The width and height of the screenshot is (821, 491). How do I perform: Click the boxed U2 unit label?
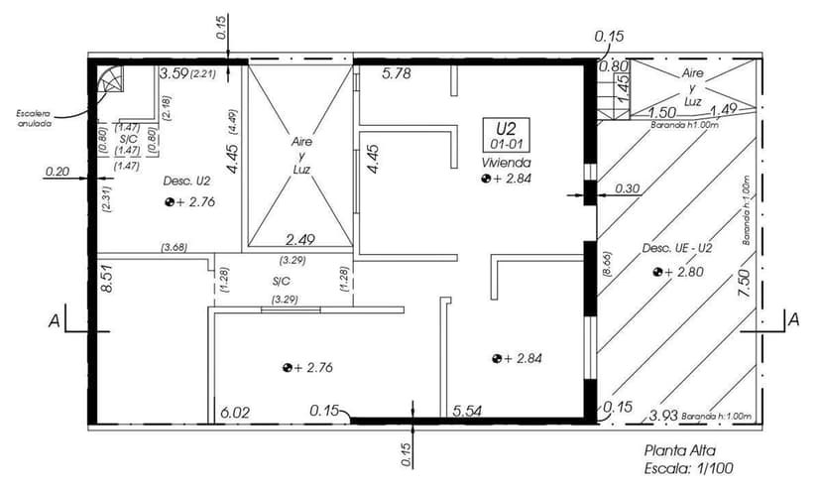tap(506, 128)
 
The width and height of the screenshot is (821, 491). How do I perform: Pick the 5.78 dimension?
tap(397, 73)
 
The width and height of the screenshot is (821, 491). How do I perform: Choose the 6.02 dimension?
tap(236, 411)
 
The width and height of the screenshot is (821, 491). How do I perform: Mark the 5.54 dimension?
tap(468, 411)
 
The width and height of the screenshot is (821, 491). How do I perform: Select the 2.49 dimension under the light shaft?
tap(300, 239)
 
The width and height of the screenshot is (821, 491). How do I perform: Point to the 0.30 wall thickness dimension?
tap(627, 187)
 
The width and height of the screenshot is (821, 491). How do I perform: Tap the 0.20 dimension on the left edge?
tap(58, 173)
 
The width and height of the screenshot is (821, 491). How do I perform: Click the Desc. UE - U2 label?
tap(677, 247)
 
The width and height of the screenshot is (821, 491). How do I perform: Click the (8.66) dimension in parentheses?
tap(607, 264)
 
